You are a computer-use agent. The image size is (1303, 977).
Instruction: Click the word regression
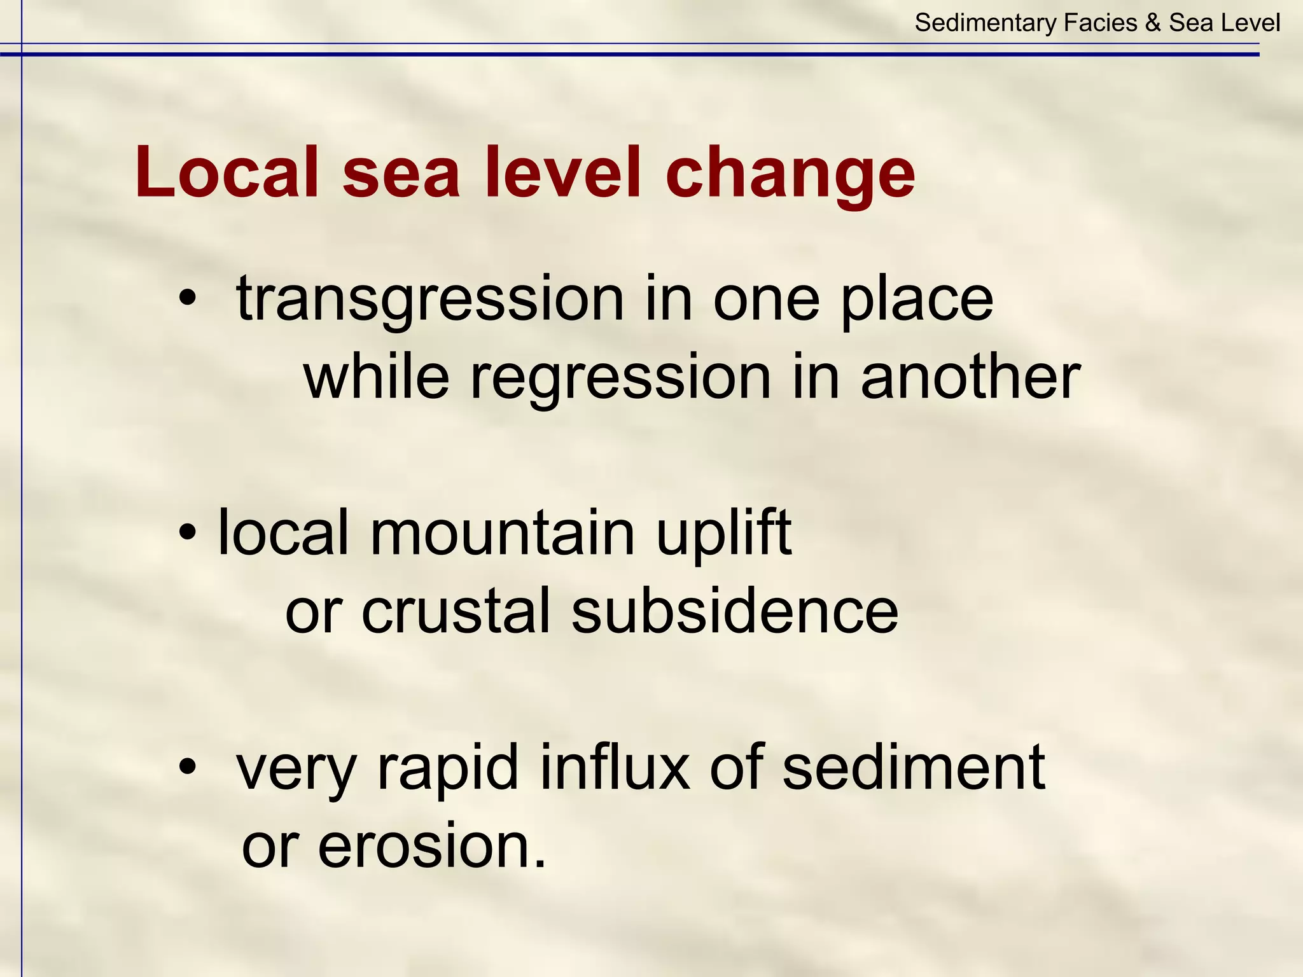click(x=620, y=378)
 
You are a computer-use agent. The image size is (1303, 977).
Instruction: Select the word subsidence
click(x=734, y=611)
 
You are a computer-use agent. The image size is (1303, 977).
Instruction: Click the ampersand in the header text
click(x=1152, y=24)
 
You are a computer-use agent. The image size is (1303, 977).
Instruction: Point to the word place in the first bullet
click(x=916, y=299)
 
